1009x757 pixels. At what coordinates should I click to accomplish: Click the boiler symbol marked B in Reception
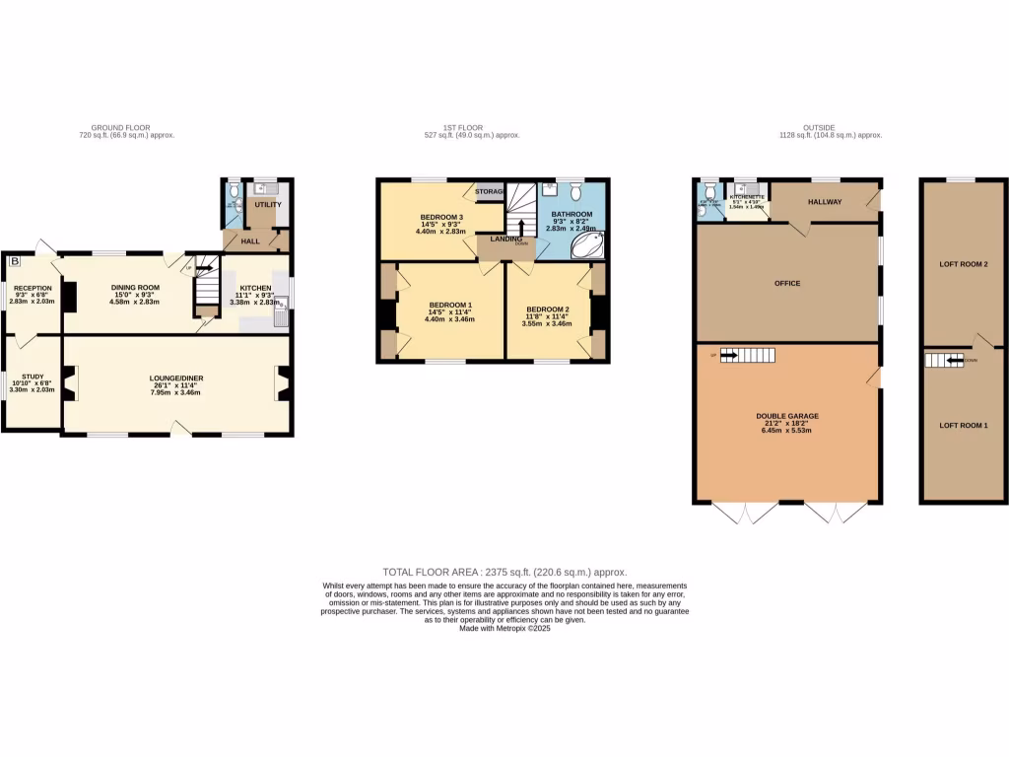[14, 261]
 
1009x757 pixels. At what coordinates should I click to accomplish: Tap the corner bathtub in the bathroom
[590, 245]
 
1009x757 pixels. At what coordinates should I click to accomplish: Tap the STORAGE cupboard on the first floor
[489, 191]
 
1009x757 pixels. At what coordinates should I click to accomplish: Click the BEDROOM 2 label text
[548, 308]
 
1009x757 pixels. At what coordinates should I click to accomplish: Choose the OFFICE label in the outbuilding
[787, 283]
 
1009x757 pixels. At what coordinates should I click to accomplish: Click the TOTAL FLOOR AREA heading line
[504, 572]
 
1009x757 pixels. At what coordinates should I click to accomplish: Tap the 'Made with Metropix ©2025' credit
[504, 628]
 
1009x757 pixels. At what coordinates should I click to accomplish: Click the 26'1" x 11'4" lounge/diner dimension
[177, 385]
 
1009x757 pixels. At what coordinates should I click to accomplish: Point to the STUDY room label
[33, 375]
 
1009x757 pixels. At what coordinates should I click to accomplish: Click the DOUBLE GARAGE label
[787, 416]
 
